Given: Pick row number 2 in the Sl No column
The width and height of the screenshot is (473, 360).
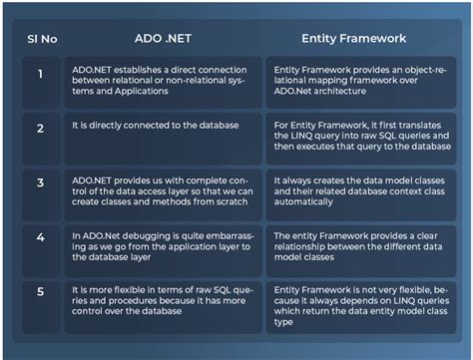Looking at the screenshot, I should [x=41, y=129].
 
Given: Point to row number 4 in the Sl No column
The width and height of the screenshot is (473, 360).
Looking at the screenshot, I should [x=41, y=239].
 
